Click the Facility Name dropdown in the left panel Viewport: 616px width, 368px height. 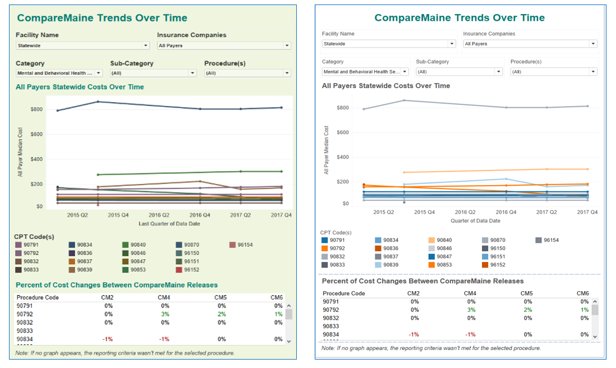tap(82, 45)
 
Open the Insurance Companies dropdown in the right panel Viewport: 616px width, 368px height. tap(529, 44)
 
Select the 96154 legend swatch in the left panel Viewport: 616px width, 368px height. tap(233, 245)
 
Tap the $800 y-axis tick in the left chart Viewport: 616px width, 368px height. tap(36, 109)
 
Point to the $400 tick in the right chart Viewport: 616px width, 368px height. tap(342, 157)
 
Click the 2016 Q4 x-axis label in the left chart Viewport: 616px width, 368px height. tap(200, 215)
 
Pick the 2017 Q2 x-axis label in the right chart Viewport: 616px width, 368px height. tap(546, 212)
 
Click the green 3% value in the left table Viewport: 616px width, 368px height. tap(164, 314)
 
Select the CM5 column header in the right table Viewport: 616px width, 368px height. tap(526, 293)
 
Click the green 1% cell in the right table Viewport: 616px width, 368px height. tap(585, 310)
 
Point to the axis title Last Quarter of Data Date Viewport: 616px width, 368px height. tap(169, 224)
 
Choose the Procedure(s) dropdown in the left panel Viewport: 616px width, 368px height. tap(247, 73)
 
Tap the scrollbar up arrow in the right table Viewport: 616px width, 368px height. tap(595, 301)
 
